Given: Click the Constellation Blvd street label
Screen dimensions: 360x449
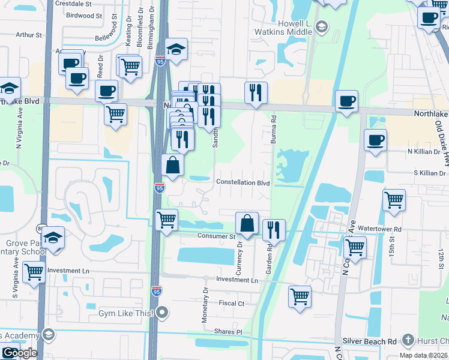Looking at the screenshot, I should pyautogui.click(x=243, y=182).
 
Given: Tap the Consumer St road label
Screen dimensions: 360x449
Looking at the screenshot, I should pyautogui.click(x=217, y=236).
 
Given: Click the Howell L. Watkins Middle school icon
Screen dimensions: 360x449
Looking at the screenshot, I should pyautogui.click(x=322, y=26).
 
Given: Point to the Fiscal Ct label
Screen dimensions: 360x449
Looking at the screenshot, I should pyautogui.click(x=232, y=304).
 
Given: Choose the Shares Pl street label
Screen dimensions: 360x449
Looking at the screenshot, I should pyautogui.click(x=230, y=332).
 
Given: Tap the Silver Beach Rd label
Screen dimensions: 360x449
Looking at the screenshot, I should pyautogui.click(x=375, y=341).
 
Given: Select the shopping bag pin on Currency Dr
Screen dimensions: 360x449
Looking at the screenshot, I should pyautogui.click(x=247, y=224).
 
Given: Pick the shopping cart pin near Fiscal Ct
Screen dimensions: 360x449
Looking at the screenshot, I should pyautogui.click(x=300, y=296).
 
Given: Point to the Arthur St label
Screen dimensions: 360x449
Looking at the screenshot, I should pyautogui.click(x=29, y=35).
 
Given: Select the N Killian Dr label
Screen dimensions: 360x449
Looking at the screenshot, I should pyautogui.click(x=424, y=152).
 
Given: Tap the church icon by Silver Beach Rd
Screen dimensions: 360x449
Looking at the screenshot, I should pyautogui.click(x=408, y=340).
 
